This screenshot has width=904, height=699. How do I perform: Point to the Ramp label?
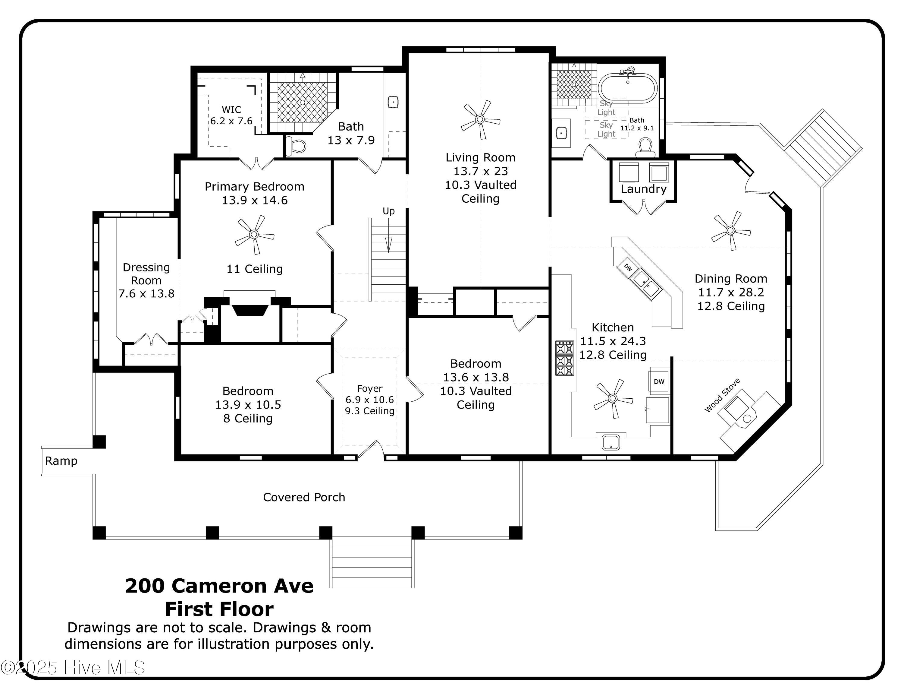[x=61, y=461]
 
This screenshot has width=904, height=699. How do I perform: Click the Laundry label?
[x=644, y=189]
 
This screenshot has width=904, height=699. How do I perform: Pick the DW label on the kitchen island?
[x=628, y=268]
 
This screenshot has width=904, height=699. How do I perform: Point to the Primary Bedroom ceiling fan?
[x=254, y=235]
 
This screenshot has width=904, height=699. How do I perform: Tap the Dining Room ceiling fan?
[x=730, y=231]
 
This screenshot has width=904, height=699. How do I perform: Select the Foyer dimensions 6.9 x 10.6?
[x=370, y=400]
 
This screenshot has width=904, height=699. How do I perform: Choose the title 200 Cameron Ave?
[x=219, y=586]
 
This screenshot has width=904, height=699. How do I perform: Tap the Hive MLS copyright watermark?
[x=73, y=668]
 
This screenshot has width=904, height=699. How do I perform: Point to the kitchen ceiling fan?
[x=613, y=399]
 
